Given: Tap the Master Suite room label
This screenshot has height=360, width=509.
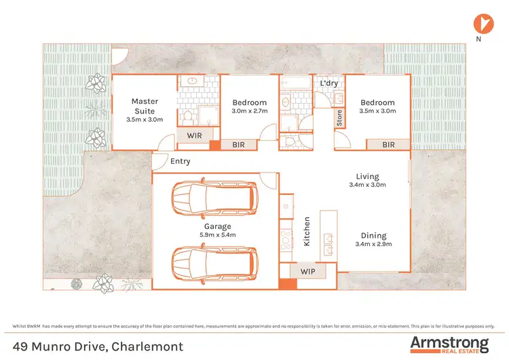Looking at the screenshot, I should pyautogui.click(x=145, y=106).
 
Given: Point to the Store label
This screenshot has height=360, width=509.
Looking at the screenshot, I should pyautogui.click(x=339, y=118).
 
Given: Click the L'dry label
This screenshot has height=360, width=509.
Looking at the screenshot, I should pyautogui.click(x=328, y=84).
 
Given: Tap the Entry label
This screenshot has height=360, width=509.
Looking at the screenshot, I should pyautogui.click(x=181, y=162).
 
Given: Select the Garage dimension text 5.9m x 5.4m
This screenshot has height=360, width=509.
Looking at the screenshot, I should pyautogui.click(x=218, y=235).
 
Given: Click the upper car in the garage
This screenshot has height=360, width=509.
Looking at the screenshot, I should pyautogui.click(x=214, y=198).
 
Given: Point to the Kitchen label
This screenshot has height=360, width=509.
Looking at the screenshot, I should pyautogui.click(x=307, y=231).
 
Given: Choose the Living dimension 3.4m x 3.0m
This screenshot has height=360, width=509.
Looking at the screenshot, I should pyautogui.click(x=366, y=185).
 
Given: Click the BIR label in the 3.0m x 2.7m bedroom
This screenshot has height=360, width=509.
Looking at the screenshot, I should pyautogui.click(x=239, y=145).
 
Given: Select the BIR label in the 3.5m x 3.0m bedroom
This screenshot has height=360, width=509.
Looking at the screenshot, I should pyautogui.click(x=388, y=145).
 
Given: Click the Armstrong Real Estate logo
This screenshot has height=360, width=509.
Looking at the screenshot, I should pyautogui.click(x=449, y=344).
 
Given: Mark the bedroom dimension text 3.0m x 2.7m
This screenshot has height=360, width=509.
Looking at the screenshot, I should pyautogui.click(x=250, y=111).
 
